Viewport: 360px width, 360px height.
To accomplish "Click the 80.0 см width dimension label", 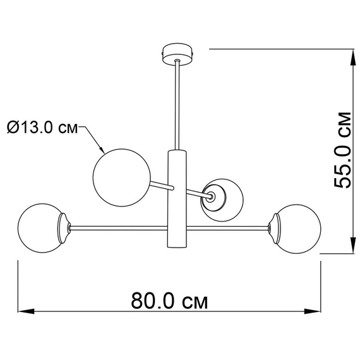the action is (x=169, y=300).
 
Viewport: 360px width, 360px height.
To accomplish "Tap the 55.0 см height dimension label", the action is (x=342, y=150).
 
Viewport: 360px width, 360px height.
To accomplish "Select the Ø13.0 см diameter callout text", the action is (x=42, y=127).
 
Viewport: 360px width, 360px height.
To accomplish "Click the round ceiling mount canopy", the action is (x=177, y=54).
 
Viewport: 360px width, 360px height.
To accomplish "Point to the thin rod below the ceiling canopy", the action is (x=177, y=105).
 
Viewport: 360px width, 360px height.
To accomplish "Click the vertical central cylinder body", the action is (x=177, y=199).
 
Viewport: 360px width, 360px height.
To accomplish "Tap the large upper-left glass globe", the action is (x=122, y=177).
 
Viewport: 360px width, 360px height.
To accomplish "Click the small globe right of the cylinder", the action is (x=222, y=200).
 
